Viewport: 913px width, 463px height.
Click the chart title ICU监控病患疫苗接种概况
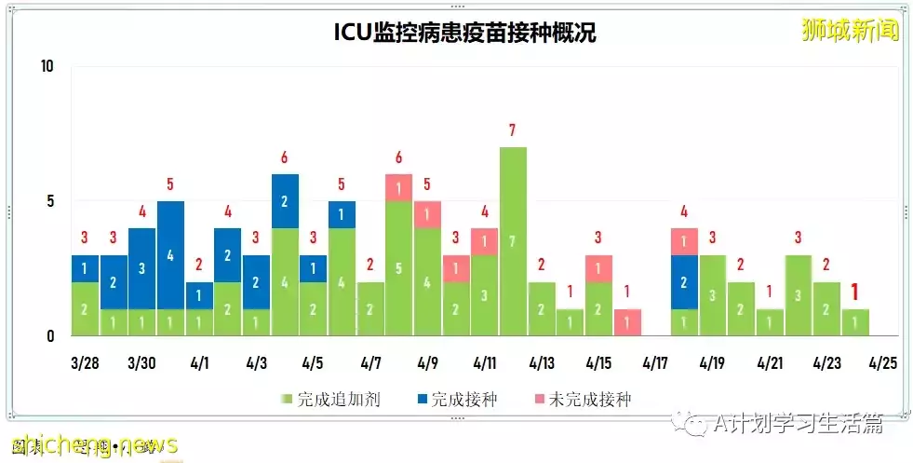[464, 33]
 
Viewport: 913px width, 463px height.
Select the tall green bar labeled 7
[513, 240]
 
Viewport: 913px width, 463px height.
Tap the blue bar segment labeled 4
[170, 253]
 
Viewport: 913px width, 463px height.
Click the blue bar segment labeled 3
[141, 268]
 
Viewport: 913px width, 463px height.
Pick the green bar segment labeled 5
[398, 268]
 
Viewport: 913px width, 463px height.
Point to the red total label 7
[513, 130]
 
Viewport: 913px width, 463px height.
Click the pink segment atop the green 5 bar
[398, 187]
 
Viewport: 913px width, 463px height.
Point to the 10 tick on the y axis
[47, 66]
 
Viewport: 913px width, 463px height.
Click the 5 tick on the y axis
[50, 201]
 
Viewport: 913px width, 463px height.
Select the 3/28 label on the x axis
[85, 362]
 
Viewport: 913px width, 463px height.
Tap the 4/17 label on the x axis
[655, 362]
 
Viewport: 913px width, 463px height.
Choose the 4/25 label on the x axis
[883, 362]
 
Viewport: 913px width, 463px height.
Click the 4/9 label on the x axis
[427, 362]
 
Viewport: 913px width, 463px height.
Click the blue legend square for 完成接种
[423, 401]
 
